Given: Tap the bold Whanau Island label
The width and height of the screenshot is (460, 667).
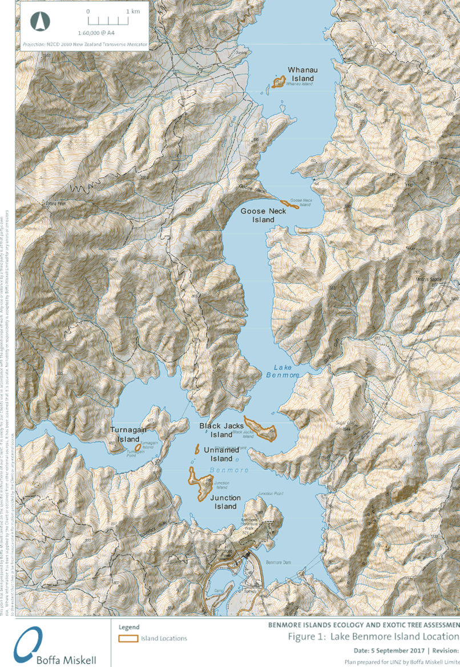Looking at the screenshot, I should (x=302, y=74).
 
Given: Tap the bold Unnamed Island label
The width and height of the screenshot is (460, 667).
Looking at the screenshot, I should (x=217, y=454).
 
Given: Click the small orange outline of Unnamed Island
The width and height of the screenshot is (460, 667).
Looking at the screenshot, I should (x=196, y=449).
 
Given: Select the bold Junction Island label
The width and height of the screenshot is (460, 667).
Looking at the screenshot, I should (x=225, y=502).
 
